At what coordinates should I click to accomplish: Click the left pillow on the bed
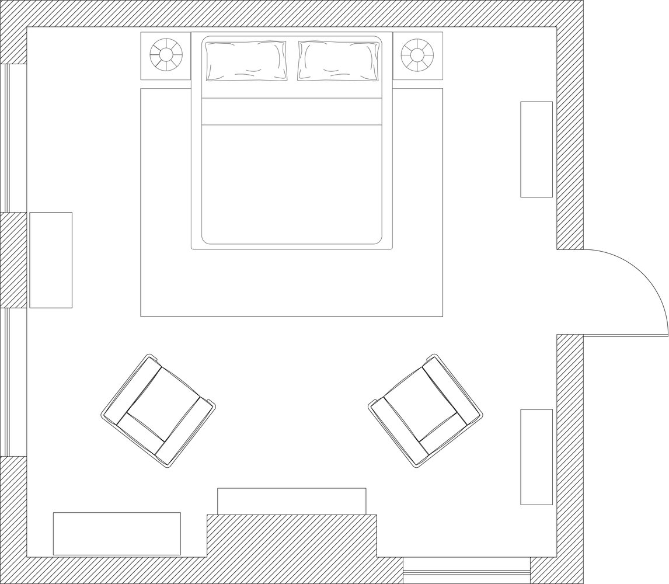pyautogui.click(x=246, y=60)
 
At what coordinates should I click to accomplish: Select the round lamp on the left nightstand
pyautogui.click(x=166, y=55)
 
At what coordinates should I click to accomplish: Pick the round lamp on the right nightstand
pyautogui.click(x=417, y=55)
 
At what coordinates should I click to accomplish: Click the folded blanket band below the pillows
pyautogui.click(x=292, y=112)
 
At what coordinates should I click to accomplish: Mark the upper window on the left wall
pyautogui.click(x=7, y=138)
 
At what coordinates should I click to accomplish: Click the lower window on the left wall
pyautogui.click(x=7, y=382)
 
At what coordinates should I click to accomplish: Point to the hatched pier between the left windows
pyautogui.click(x=13, y=260)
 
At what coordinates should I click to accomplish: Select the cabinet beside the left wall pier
pyautogui.click(x=51, y=260)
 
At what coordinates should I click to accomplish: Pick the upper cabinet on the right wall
pyautogui.click(x=536, y=150)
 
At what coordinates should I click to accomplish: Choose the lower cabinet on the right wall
pyautogui.click(x=536, y=457)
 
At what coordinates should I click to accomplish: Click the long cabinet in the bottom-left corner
pyautogui.click(x=117, y=533)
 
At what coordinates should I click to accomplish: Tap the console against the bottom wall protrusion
pyautogui.click(x=292, y=501)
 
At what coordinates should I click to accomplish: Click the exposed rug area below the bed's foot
pyautogui.click(x=292, y=283)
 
